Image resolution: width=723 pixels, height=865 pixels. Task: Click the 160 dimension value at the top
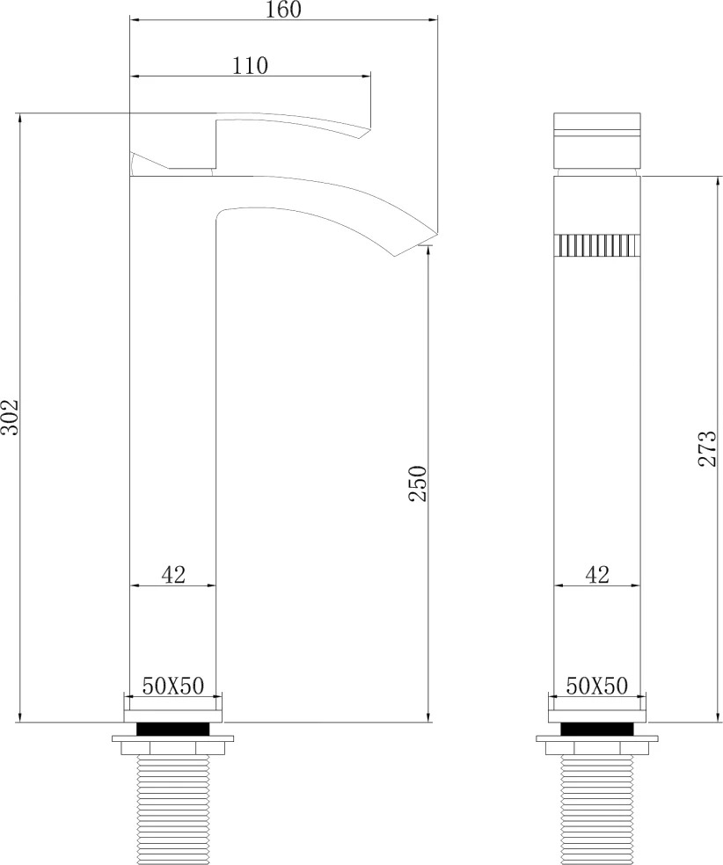pos(284,10)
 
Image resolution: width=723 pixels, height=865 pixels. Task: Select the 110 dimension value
pos(250,66)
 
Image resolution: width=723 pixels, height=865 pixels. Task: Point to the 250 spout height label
pos(418,483)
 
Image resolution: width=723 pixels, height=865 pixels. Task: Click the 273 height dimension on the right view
pos(707,448)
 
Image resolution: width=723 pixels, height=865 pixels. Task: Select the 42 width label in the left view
pos(172,575)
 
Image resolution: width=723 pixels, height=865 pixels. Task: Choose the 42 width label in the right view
pos(596,575)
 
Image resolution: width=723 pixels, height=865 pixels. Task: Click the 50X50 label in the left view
pos(172,686)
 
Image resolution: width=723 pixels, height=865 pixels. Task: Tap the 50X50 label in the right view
pos(596,686)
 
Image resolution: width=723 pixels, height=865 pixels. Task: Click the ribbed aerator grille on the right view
pos(597,245)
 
